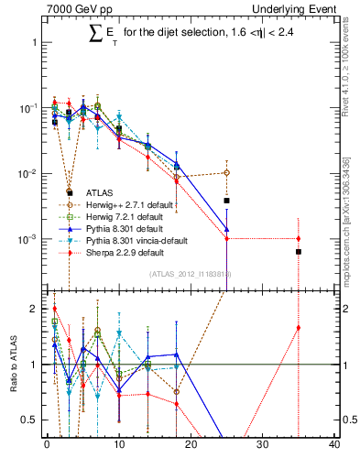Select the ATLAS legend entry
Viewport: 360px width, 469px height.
click(x=99, y=192)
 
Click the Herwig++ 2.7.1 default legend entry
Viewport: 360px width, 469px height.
click(x=125, y=204)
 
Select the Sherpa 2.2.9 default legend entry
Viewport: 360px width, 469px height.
click(x=120, y=252)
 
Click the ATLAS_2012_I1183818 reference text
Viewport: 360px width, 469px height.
click(x=190, y=274)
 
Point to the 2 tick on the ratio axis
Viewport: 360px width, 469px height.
click(x=34, y=309)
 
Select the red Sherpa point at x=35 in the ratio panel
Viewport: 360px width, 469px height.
click(x=298, y=328)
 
